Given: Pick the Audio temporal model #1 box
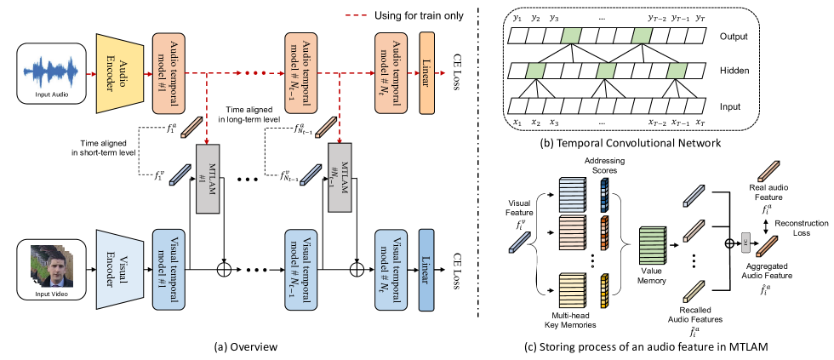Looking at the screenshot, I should point(169,65).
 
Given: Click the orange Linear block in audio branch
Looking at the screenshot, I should point(428,65).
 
